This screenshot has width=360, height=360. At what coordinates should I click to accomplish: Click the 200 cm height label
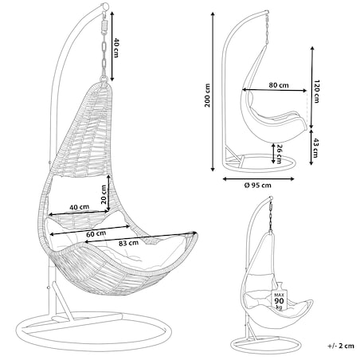pos(207,96)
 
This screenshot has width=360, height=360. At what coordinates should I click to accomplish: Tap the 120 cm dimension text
pos(316,91)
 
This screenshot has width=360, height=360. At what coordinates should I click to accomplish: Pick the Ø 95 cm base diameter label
pos(258,185)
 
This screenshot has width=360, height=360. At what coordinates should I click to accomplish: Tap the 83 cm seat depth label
pos(128,243)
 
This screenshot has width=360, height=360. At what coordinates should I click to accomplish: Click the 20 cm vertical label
pos(104,194)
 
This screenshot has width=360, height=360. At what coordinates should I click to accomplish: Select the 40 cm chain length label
pos(116,48)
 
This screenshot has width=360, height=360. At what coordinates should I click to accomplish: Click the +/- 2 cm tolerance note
pos(341,346)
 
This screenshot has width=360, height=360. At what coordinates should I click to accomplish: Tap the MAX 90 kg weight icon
pos(280,298)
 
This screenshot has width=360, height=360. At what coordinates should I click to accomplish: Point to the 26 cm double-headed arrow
pos(273,153)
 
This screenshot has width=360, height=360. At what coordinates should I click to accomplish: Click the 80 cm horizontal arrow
pos(275,90)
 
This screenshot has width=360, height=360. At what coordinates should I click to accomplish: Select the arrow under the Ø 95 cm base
pos(258,179)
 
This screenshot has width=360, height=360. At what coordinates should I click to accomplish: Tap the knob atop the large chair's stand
pos(105,6)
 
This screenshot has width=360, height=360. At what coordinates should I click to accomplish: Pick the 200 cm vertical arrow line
pos(213,92)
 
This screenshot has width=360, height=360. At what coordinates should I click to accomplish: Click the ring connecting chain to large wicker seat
pos(104,79)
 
